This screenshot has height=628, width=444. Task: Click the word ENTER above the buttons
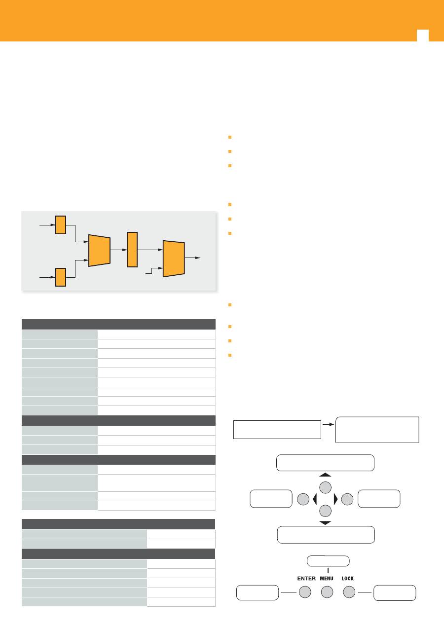tap(306, 578)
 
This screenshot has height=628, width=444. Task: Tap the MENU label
tap(328, 578)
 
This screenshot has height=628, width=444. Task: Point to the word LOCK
tap(348, 578)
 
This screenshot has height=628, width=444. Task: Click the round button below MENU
tap(328, 591)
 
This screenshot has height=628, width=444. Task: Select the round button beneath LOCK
tap(349, 591)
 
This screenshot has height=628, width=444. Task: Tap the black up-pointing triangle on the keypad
tap(326, 475)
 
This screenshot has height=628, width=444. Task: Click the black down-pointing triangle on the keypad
tap(326, 522)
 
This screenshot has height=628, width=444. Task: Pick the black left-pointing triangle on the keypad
tap(315, 499)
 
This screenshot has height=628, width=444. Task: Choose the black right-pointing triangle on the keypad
tap(336, 499)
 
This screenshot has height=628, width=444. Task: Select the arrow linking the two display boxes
tap(328, 424)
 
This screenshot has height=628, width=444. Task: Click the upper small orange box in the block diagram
tap(60, 224)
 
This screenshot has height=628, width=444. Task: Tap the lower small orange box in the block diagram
tap(60, 277)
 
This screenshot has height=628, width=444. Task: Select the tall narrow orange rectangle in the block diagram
tap(132, 250)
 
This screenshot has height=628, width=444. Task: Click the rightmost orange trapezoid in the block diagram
tap(174, 259)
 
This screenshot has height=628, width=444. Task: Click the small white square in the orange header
tap(422, 36)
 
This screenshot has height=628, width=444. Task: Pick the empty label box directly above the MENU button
tap(328, 561)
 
